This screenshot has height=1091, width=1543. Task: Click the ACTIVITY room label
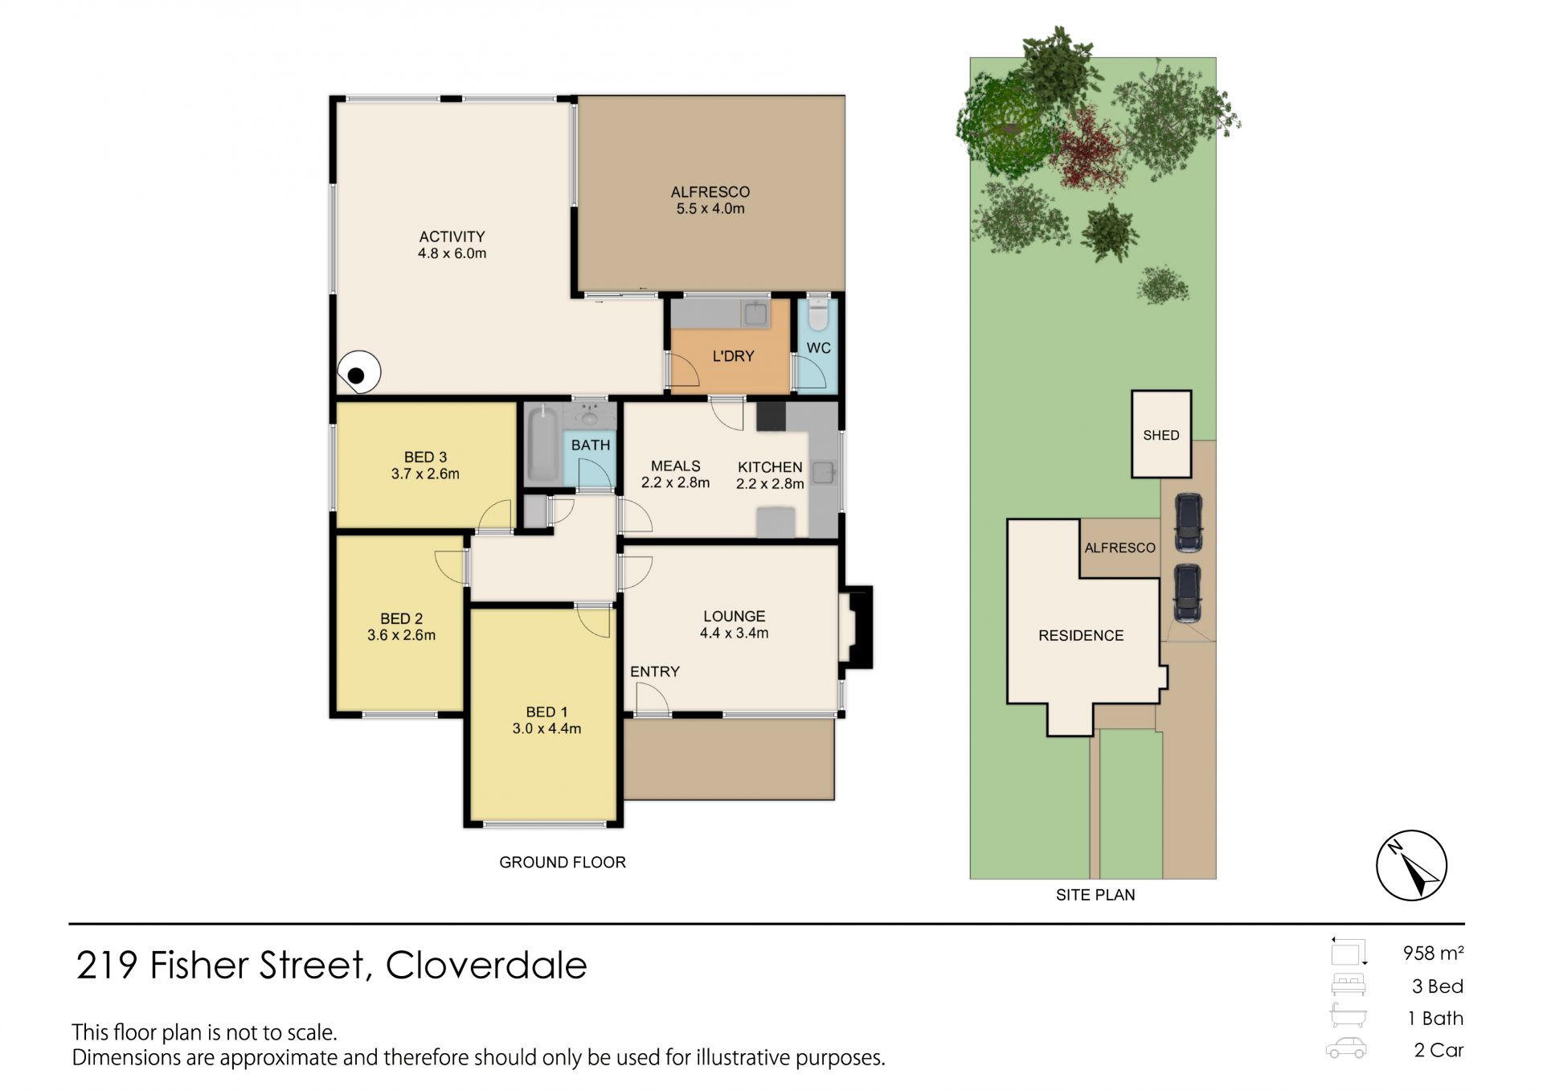pos(452,236)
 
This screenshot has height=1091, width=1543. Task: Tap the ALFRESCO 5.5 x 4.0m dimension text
pos(710,209)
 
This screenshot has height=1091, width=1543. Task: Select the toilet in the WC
pos(817,314)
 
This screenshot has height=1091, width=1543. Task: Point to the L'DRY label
pos(733,355)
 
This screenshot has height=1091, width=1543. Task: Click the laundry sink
pos(755,314)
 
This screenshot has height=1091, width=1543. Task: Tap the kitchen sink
pos(823,472)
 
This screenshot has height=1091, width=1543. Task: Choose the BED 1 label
pos(546,712)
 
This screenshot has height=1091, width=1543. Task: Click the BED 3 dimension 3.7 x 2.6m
pos(425,474)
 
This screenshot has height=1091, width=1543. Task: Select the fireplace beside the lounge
pos(857,627)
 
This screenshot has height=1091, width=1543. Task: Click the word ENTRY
pos(655,671)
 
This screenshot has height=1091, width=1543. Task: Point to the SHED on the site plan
pos(1161,434)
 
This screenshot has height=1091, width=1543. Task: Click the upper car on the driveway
pos(1188,523)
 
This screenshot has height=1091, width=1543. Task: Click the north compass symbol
pos(1411,865)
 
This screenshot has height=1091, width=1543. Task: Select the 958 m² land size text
pos(1433,953)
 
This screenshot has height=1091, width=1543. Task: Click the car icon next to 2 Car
pos(1346,1048)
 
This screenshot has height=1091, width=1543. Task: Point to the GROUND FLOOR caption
pos(563,862)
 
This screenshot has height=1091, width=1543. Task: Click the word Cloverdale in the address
pos(486,965)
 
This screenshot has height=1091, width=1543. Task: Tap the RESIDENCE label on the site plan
pos(1081,635)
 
